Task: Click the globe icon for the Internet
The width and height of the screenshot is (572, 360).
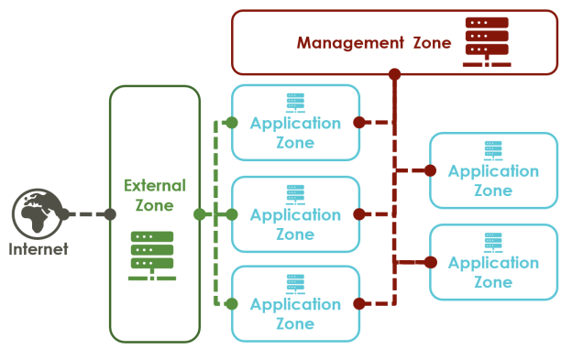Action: (x=36, y=213)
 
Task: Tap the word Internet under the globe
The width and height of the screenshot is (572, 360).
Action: (x=38, y=249)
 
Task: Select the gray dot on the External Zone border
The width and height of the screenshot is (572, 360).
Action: (x=110, y=214)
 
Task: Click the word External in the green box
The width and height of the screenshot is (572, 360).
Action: (x=154, y=185)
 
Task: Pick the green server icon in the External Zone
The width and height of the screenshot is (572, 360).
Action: (x=152, y=256)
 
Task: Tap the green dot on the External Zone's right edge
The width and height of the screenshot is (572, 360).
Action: (x=200, y=214)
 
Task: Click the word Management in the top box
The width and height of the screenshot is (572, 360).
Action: (x=348, y=42)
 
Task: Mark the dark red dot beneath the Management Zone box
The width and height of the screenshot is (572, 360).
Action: (x=394, y=74)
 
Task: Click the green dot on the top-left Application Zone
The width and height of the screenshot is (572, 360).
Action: (x=232, y=123)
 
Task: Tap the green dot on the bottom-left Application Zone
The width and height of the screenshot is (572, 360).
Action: (x=232, y=303)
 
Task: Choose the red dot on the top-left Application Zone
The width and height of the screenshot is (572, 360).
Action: (x=359, y=122)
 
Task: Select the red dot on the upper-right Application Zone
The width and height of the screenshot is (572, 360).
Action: (x=430, y=170)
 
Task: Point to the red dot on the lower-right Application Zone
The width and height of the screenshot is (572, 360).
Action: (x=430, y=262)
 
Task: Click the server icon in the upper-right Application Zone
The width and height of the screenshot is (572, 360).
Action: (x=493, y=150)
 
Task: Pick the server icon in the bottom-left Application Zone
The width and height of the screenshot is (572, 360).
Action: (x=295, y=283)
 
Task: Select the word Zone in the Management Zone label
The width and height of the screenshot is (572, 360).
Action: (x=429, y=42)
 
